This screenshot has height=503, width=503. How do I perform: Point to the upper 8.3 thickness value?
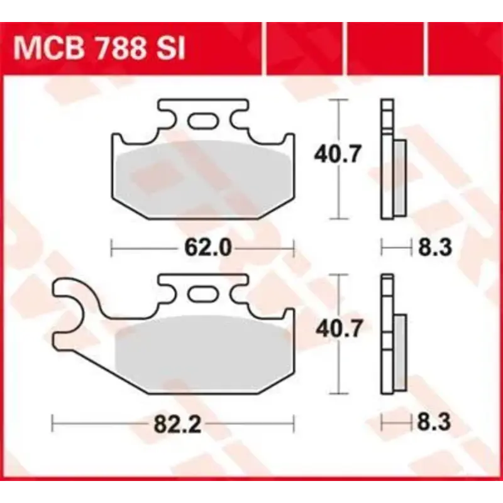[435, 248]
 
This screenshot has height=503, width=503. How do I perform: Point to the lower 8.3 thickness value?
[435, 423]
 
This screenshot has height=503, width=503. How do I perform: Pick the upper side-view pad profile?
[392, 160]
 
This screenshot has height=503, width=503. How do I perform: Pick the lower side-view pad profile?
[392, 336]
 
